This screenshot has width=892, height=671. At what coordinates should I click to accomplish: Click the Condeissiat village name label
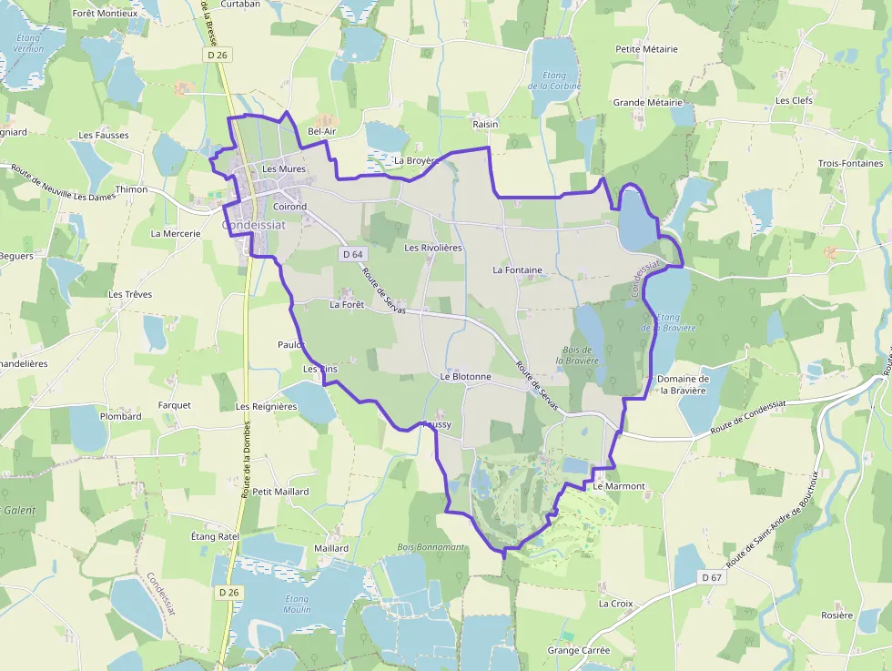254,225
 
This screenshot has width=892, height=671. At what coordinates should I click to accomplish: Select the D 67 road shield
711,577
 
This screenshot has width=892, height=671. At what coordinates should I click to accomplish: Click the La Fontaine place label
517,269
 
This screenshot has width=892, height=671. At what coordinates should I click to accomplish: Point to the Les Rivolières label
433,248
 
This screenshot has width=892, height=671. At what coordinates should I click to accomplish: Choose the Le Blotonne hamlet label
465,376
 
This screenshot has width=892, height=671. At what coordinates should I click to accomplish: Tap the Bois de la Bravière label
577,354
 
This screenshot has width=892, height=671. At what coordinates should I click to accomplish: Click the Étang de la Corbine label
548,80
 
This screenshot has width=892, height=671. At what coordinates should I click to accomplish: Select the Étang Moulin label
297,604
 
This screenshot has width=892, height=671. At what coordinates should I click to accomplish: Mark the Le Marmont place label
618,486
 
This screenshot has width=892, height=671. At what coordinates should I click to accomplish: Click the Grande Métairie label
647,103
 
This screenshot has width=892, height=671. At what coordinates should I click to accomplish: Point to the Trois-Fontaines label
850,164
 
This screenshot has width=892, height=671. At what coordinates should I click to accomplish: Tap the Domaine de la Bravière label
684,384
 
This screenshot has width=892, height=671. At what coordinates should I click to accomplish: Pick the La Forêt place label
347,305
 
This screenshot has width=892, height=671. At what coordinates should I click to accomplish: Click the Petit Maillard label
280,492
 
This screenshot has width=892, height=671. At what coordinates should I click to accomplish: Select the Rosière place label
836,615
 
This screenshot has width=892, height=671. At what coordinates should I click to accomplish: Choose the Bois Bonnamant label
431,547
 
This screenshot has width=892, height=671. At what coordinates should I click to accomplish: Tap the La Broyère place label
417,160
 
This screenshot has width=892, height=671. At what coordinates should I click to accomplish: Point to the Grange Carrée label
578,651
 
